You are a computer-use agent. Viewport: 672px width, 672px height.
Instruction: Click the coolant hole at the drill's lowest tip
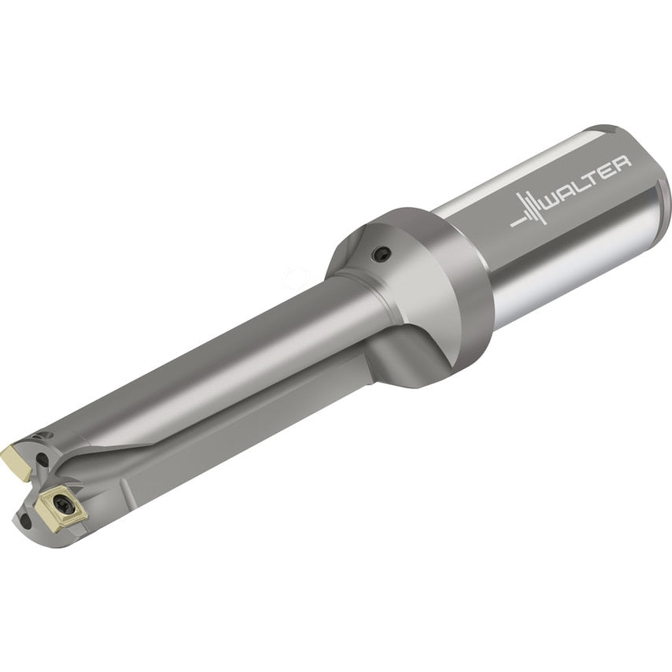click(26, 520)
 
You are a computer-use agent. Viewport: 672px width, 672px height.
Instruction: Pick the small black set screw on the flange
click(382, 253)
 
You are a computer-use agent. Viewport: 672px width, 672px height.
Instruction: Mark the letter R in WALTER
click(622, 163)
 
